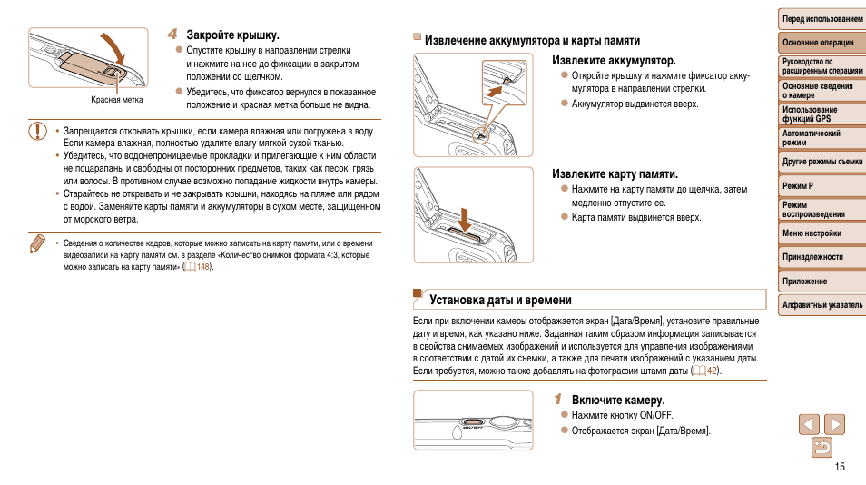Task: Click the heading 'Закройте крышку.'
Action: tap(232, 35)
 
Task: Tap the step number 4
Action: tap(172, 35)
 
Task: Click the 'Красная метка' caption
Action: tap(117, 100)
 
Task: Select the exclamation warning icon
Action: tap(36, 131)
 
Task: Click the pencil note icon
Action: tap(36, 244)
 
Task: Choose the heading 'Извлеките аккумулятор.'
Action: tap(614, 61)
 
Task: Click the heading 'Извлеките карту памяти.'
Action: tap(615, 173)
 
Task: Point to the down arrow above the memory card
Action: tap(465, 217)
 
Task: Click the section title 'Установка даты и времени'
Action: tap(500, 300)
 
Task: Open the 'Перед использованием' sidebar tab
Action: tap(822, 19)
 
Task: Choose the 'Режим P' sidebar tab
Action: tap(798, 186)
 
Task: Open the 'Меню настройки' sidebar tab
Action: tap(812, 233)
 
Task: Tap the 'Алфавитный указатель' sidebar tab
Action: tap(822, 305)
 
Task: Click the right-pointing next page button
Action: tap(834, 423)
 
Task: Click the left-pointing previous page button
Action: tap(809, 423)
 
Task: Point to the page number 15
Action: tap(839, 467)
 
